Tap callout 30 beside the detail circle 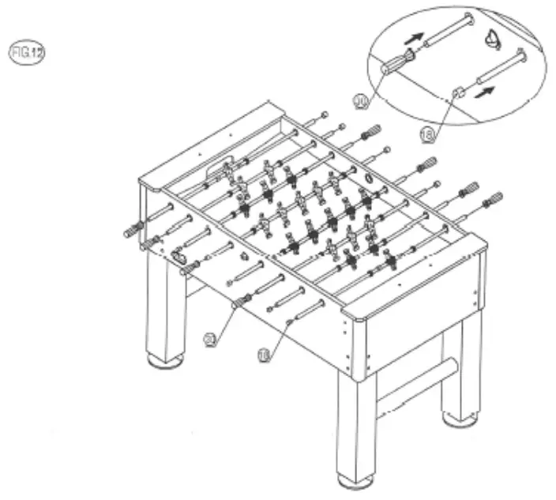[x=362, y=102]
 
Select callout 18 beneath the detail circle [x=427, y=135]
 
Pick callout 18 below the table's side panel [x=264, y=355]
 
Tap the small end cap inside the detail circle [x=457, y=93]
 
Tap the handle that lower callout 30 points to [x=241, y=299]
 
